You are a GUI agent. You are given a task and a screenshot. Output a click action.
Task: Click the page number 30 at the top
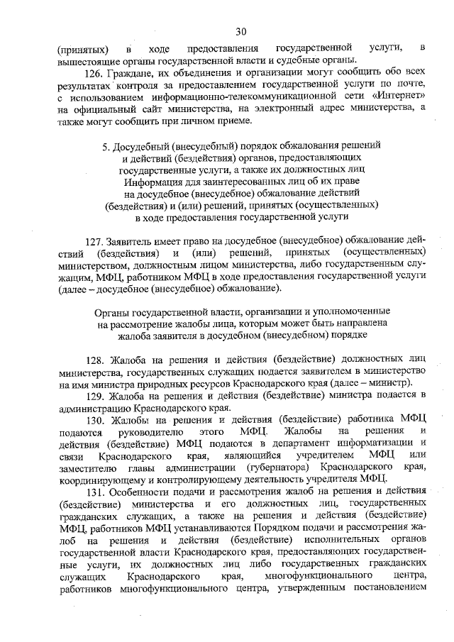pyautogui.click(x=240, y=30)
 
